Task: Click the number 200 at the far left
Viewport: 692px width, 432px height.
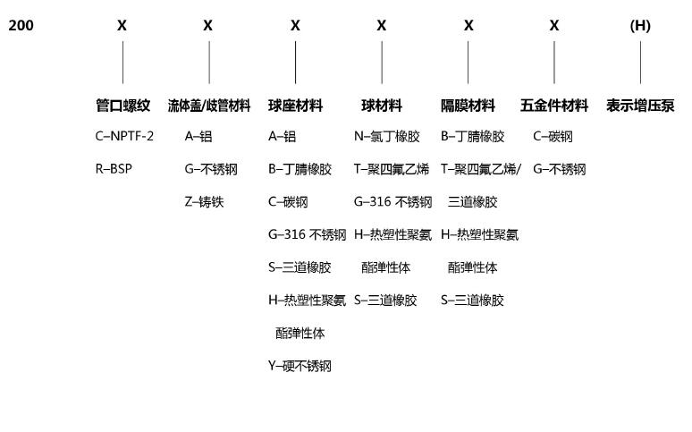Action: (x=21, y=25)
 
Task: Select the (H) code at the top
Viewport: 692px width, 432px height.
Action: (x=640, y=26)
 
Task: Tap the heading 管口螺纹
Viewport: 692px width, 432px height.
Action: (x=122, y=106)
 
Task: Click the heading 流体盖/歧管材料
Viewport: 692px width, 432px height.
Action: (x=208, y=106)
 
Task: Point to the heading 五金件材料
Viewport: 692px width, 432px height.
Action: (x=553, y=106)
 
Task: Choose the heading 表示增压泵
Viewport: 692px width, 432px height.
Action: (x=640, y=106)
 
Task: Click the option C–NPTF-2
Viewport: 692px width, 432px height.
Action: (x=124, y=136)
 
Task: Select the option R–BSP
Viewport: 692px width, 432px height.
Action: (x=114, y=169)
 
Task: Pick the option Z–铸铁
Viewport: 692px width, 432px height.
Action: (x=204, y=202)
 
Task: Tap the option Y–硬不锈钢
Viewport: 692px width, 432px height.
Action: (x=300, y=366)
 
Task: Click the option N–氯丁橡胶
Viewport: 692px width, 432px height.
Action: (x=386, y=136)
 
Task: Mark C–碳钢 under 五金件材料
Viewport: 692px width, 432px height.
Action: (x=553, y=136)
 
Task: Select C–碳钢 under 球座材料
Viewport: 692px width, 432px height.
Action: (x=288, y=202)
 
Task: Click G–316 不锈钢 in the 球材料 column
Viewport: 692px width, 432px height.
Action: (x=392, y=202)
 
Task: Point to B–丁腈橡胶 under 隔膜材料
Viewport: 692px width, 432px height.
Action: (x=472, y=136)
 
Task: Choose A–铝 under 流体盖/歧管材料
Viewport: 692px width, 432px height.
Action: (x=198, y=136)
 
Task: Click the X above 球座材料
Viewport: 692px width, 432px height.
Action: (x=295, y=26)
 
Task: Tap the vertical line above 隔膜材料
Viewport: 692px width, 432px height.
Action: (x=468, y=63)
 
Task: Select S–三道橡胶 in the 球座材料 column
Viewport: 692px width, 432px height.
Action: (x=300, y=267)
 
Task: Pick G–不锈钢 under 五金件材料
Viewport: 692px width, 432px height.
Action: (x=559, y=169)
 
